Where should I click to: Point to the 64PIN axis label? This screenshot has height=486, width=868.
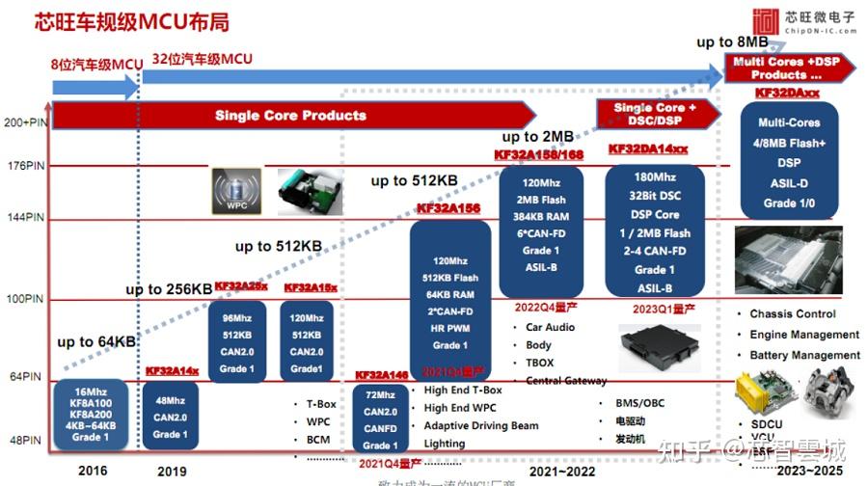(26, 376)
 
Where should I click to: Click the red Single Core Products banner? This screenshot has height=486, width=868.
(289, 116)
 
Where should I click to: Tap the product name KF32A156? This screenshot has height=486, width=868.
(448, 208)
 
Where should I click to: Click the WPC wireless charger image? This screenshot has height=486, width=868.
(235, 191)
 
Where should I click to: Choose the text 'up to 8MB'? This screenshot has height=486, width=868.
(732, 42)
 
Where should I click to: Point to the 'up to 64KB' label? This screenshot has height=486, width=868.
(95, 342)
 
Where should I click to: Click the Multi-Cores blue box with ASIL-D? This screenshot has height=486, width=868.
(789, 162)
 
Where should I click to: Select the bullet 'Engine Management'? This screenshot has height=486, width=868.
(804, 335)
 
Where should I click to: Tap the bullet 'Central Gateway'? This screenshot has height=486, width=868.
(566, 381)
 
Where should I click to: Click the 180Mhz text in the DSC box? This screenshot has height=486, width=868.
(655, 177)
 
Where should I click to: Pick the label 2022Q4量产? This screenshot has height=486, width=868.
(546, 308)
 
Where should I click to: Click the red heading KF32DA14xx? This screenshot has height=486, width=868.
(648, 149)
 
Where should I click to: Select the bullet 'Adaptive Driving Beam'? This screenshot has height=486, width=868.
(481, 425)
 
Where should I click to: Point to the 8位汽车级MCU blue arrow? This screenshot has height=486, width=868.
(95, 87)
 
